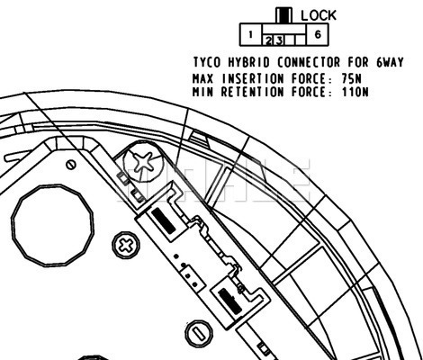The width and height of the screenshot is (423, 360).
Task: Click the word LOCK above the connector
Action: click(x=319, y=15)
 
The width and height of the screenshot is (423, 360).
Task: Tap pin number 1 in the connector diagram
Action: click(x=251, y=35)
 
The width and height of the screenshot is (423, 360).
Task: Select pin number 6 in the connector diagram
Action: click(x=318, y=34)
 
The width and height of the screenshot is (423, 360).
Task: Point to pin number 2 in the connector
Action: click(x=268, y=40)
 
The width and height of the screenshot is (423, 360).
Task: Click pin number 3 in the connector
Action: click(x=279, y=40)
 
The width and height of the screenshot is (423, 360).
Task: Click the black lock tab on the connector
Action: click(x=283, y=15)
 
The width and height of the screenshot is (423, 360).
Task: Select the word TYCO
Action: click(x=207, y=62)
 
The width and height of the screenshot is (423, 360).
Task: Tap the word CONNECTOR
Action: click(x=309, y=62)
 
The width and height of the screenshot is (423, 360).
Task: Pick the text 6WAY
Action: click(x=390, y=62)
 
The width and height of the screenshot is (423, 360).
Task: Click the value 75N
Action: click(x=351, y=79)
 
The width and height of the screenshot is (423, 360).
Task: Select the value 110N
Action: click(x=355, y=92)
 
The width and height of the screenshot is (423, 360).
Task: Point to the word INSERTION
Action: click(x=253, y=79)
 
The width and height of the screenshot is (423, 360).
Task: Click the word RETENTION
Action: click(x=252, y=92)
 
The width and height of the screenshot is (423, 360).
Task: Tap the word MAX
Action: click(x=202, y=79)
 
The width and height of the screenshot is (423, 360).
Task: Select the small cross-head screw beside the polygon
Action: click(x=126, y=246)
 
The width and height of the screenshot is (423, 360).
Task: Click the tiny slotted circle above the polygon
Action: click(x=71, y=165)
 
